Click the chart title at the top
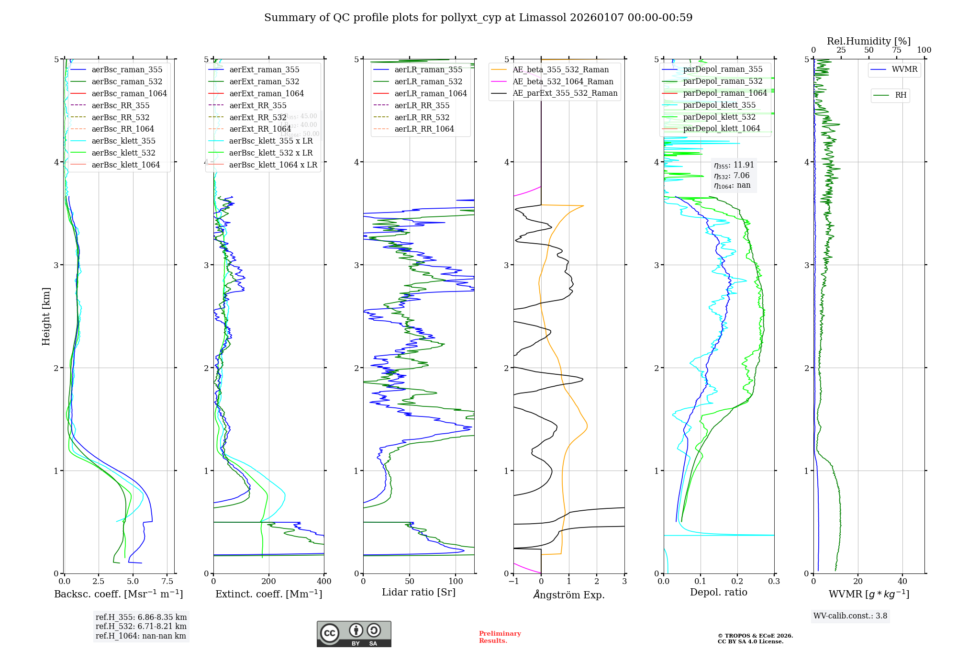pyautogui.click(x=478, y=18)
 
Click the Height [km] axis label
pyautogui.click(x=46, y=316)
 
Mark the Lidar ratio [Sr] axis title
pyautogui.click(x=419, y=593)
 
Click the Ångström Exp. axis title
pyautogui.click(x=569, y=595)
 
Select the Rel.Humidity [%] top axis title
pyautogui.click(x=868, y=41)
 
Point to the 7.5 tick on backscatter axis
pyautogui.click(x=167, y=582)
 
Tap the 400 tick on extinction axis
pyautogui.click(x=324, y=582)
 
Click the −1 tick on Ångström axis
pyautogui.click(x=513, y=582)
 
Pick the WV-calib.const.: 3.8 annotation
pyautogui.click(x=850, y=616)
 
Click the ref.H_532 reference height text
pyautogui.click(x=141, y=627)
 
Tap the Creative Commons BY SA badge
pyautogui.click(x=354, y=634)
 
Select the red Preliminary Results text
pyautogui.click(x=500, y=637)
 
